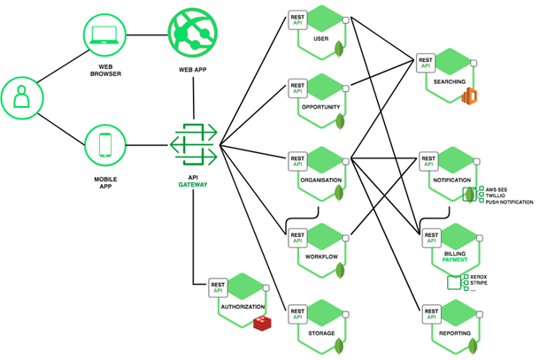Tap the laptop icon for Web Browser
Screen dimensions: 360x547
(x=104, y=36)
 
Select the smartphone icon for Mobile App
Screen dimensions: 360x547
(x=104, y=143)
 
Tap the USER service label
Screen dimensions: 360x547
(x=321, y=39)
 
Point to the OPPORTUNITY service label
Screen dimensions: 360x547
(x=321, y=106)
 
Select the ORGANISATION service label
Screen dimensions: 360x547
(x=321, y=179)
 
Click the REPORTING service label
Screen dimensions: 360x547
(x=454, y=333)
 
